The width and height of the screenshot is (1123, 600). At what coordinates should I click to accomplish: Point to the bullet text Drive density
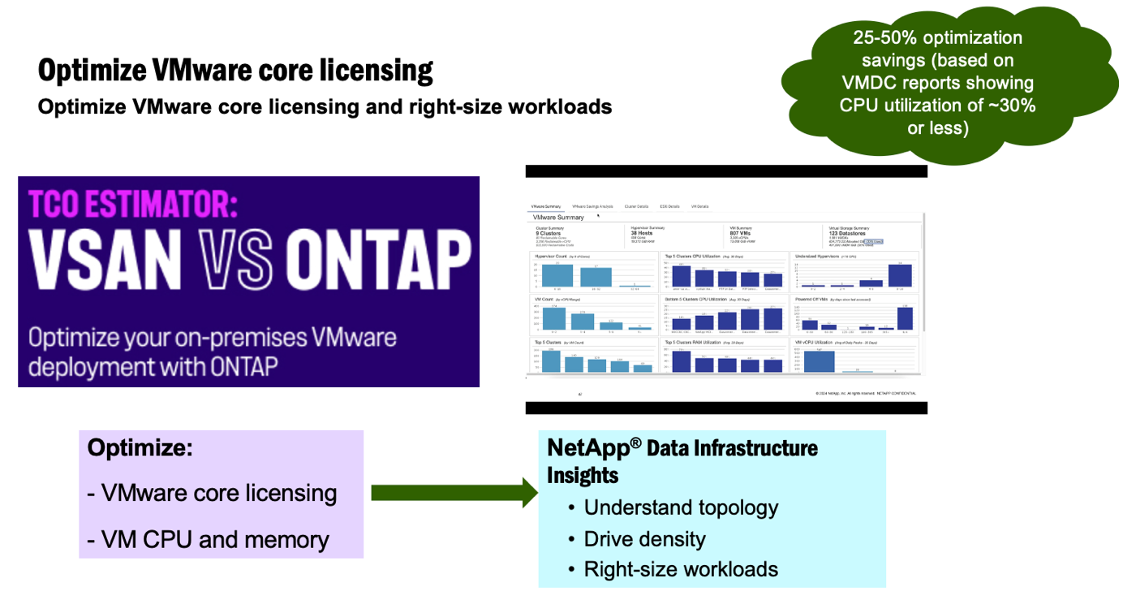tap(644, 539)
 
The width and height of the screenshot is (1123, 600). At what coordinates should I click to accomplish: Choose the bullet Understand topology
tap(681, 507)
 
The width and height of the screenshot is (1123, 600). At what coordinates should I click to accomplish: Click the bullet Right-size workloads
tap(681, 569)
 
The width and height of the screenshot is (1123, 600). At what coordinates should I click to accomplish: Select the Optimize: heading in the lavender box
tap(140, 447)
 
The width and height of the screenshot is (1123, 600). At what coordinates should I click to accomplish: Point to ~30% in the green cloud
tap(1007, 105)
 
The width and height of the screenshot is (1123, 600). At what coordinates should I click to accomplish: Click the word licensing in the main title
tap(372, 71)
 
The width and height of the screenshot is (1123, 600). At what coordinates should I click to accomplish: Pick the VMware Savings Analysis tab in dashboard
tap(592, 207)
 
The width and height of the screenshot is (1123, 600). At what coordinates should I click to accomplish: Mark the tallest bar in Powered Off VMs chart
tap(905, 318)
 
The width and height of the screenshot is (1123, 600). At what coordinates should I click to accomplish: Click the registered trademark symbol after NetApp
tap(636, 442)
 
